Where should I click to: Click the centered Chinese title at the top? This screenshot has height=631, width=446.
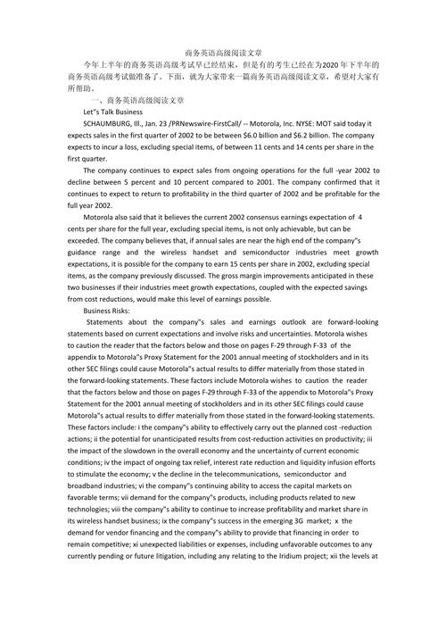223,54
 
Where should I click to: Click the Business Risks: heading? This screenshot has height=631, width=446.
109,311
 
